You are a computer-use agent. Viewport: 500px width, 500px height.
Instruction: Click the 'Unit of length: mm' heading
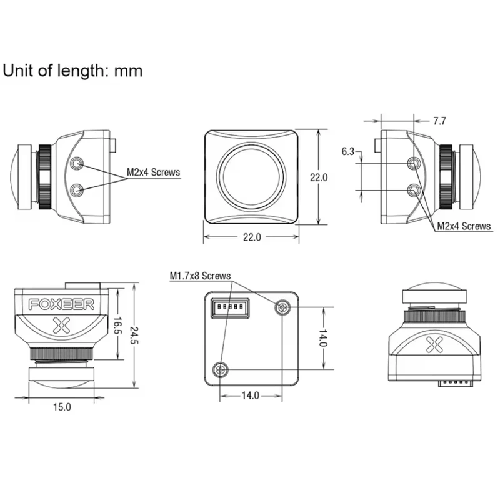[x=72, y=71]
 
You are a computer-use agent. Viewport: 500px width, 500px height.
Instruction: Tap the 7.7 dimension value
[x=439, y=121]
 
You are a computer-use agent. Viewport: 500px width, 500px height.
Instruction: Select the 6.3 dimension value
[x=348, y=151]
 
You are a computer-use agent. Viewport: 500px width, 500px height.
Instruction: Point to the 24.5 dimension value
[x=134, y=336]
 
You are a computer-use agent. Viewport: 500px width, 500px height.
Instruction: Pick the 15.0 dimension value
[x=62, y=407]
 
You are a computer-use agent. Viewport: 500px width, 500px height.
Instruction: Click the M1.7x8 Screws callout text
[x=200, y=276]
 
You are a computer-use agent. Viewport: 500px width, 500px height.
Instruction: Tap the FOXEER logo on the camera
[x=61, y=304]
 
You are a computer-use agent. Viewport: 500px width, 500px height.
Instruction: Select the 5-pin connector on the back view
[x=230, y=307]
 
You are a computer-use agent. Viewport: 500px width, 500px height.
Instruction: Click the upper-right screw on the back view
[x=282, y=307]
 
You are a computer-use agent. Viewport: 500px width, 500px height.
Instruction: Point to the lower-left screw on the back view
[x=221, y=369]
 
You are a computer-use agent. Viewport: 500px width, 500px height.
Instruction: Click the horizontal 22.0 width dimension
[x=252, y=237]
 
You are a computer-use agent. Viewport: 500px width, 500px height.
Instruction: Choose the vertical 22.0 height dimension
[x=319, y=177]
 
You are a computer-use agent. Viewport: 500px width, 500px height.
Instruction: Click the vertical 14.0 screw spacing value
[x=323, y=338]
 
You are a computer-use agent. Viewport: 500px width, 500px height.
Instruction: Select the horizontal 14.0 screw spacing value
[x=251, y=396]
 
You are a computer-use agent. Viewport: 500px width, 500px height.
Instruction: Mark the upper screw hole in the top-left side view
[x=77, y=164]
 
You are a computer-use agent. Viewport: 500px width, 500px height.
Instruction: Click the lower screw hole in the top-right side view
[x=414, y=191]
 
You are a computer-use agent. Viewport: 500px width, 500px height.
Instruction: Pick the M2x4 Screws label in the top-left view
[x=153, y=172]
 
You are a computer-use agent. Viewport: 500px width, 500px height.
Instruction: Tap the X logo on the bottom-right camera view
[x=434, y=345]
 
